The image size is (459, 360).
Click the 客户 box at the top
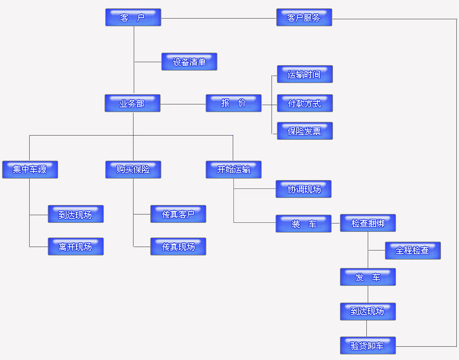click(133, 17)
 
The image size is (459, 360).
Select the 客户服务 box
click(304, 17)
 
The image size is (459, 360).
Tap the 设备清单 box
click(189, 62)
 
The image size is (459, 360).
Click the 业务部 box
click(132, 103)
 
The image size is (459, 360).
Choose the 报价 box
click(233, 103)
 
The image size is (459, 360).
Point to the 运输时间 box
click(305, 74)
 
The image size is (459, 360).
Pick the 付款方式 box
click(305, 103)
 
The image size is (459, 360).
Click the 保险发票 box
click(305, 131)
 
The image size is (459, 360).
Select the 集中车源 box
click(30, 170)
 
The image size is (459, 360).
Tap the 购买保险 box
click(133, 170)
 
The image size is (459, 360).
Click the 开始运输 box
click(233, 170)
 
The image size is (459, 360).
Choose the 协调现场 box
click(303, 188)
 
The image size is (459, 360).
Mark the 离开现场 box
click(75, 246)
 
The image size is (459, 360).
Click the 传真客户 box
click(178, 214)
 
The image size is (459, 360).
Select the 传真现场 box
click(178, 246)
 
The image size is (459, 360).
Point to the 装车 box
click(303, 223)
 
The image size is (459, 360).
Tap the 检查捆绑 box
click(368, 223)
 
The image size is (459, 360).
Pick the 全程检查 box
click(413, 251)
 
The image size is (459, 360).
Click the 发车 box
click(368, 277)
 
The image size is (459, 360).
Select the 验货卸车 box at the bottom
click(368, 345)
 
